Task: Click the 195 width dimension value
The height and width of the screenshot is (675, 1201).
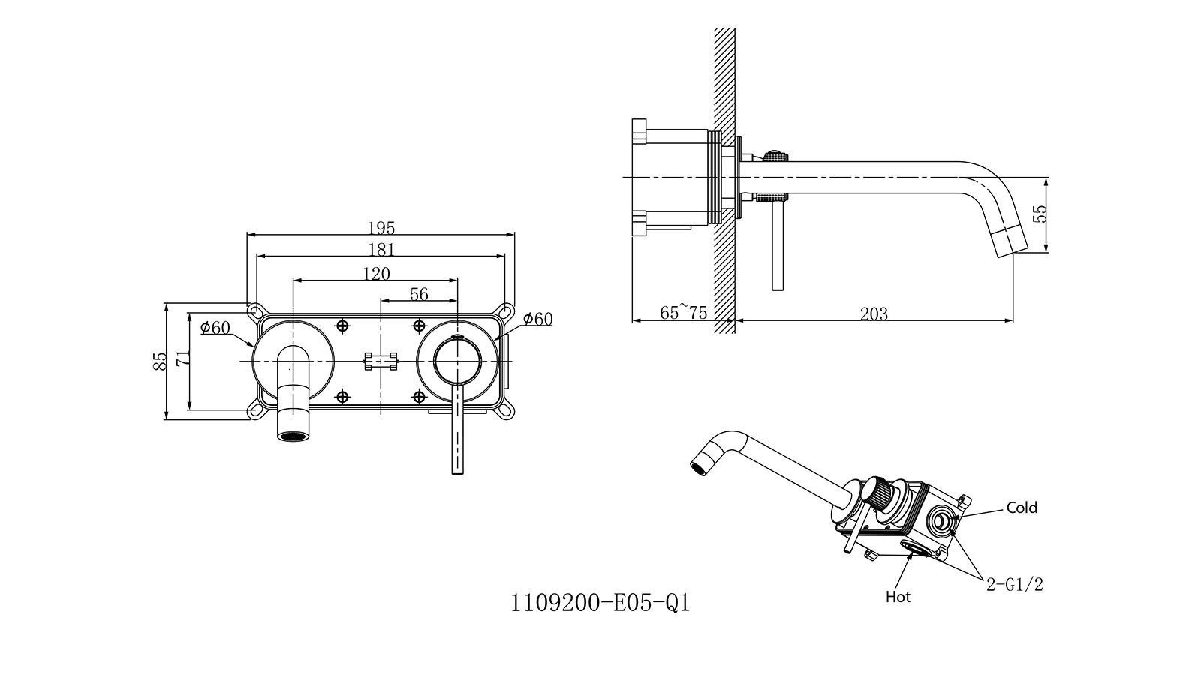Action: [381, 227]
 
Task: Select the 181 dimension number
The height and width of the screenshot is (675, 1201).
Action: [381, 249]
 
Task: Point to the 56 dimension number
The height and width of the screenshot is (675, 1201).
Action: [419, 294]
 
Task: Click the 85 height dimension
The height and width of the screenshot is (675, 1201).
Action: [158, 361]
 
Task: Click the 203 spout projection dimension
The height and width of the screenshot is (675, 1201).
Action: [874, 313]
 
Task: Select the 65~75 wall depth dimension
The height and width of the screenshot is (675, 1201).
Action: [683, 313]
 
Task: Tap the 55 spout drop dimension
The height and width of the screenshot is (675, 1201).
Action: [1040, 214]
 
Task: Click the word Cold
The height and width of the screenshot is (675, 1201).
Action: [1022, 508]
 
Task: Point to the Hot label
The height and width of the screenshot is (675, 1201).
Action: [898, 597]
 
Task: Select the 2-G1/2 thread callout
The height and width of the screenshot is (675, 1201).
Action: [1015, 585]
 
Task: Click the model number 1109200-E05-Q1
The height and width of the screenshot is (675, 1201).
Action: [600, 603]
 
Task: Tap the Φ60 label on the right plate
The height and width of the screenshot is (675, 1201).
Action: [537, 319]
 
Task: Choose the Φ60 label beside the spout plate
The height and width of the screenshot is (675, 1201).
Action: [215, 328]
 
